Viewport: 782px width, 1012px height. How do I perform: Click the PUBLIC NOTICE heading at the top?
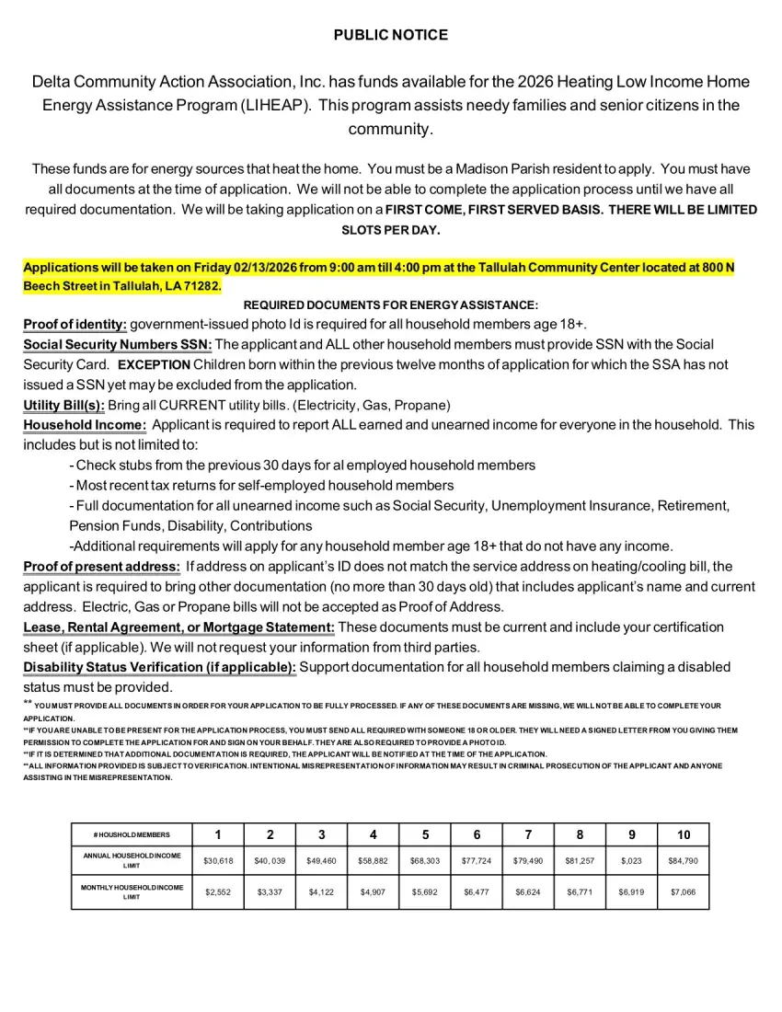[x=390, y=35]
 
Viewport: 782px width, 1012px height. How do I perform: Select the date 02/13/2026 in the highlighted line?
[x=266, y=267]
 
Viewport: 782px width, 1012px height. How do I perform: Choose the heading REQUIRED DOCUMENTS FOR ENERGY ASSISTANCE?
[x=390, y=305]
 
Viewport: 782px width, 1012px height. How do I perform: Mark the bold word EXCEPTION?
[x=153, y=364]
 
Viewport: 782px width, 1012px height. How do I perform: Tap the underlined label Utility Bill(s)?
[x=63, y=405]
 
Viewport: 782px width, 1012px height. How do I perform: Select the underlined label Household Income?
[x=85, y=425]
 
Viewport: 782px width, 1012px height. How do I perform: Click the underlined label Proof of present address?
[x=101, y=567]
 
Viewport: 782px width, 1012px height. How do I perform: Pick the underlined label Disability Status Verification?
[x=159, y=667]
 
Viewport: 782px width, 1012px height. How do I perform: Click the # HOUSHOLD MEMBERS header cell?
[x=132, y=834]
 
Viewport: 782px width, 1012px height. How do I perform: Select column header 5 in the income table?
[x=425, y=834]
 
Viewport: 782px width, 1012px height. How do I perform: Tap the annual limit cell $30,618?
[x=218, y=861]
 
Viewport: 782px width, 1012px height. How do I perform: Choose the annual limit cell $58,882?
[x=373, y=861]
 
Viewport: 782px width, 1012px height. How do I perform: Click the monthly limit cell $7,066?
[x=684, y=892]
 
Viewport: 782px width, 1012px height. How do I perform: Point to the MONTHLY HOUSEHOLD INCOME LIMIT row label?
[x=132, y=892]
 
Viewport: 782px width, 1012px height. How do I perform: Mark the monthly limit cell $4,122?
[x=321, y=892]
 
